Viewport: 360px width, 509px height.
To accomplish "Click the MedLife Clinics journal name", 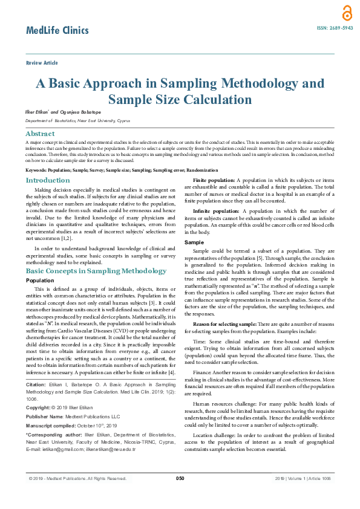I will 57,30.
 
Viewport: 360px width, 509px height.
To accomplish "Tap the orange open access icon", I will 346,13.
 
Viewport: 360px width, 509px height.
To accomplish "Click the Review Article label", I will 42,63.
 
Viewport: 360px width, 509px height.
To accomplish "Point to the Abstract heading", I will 40,134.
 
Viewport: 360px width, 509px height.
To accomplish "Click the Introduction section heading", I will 48,180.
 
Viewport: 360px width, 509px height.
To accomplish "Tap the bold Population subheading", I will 40,281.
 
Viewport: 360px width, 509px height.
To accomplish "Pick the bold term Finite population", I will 213,181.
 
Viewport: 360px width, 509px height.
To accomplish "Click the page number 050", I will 180,478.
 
